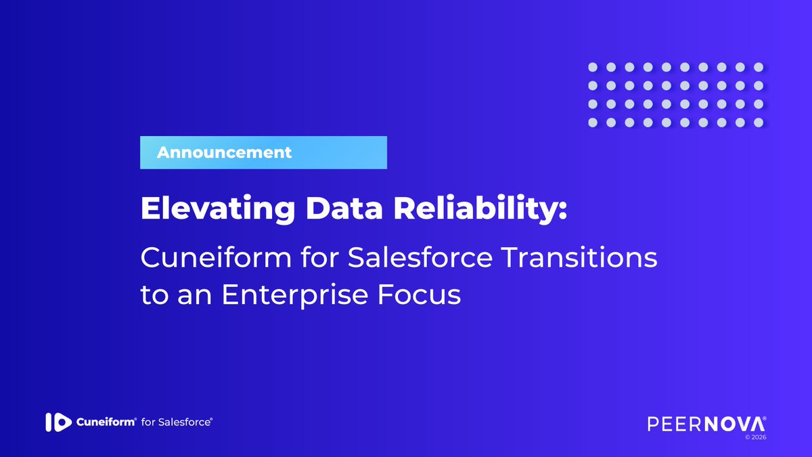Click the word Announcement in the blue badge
pyautogui.click(x=224, y=152)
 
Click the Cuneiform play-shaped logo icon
pyautogui.click(x=58, y=422)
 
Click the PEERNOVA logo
pyautogui.click(x=706, y=424)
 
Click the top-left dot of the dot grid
pyautogui.click(x=592, y=68)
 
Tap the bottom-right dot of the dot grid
pyautogui.click(x=759, y=123)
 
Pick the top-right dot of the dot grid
pyautogui.click(x=759, y=68)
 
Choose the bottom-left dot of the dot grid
pyautogui.click(x=592, y=123)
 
